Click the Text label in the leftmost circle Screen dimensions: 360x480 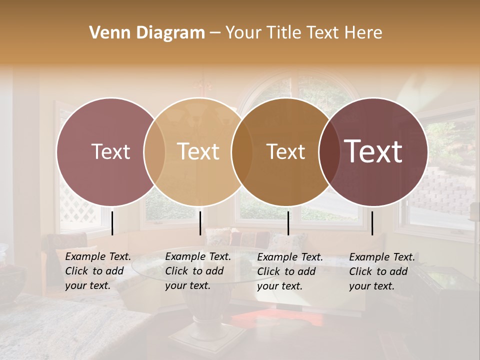click(x=110, y=151)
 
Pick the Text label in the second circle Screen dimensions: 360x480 click(x=198, y=151)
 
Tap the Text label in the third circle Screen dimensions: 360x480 click(x=285, y=151)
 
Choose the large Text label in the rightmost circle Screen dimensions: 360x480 click(x=373, y=151)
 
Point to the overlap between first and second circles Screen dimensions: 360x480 click(x=154, y=151)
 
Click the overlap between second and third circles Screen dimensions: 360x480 click(x=242, y=151)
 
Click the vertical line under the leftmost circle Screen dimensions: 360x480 click(x=112, y=223)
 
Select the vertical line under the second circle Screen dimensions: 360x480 click(x=200, y=223)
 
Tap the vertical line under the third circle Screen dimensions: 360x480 click(x=288, y=223)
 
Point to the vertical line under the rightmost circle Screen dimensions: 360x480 click(x=372, y=223)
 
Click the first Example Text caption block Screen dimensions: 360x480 click(x=98, y=271)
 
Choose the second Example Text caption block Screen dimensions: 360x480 click(x=198, y=271)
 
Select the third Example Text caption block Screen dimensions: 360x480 click(x=290, y=271)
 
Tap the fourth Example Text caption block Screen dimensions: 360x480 click(x=382, y=271)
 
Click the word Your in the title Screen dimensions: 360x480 click(x=243, y=33)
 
